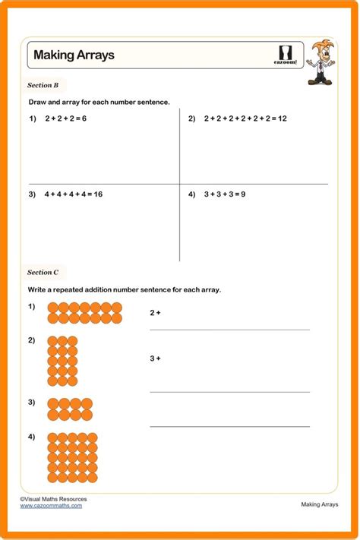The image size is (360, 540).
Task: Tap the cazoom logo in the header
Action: coord(285,55)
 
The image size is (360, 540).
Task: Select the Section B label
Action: coord(47,86)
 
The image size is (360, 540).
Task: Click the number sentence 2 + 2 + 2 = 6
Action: coord(66,118)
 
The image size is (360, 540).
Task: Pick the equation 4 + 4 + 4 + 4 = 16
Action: coord(73,194)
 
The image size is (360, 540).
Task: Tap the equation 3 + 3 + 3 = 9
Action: coord(225,194)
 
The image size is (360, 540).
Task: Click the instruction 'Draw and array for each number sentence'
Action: coord(99,102)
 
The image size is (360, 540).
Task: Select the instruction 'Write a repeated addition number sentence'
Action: coord(125,289)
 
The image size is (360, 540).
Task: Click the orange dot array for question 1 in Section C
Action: coord(84,314)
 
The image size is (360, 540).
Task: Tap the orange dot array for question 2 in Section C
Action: coord(62,362)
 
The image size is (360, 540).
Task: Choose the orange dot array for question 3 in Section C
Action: coord(70,409)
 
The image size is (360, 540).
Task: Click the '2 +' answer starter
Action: coord(156,312)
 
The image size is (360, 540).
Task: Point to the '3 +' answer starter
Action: coord(156,358)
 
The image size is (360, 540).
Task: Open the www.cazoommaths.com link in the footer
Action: coord(51,506)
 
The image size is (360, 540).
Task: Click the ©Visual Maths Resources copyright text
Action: coord(53,499)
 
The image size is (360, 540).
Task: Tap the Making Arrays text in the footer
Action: coord(320,504)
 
